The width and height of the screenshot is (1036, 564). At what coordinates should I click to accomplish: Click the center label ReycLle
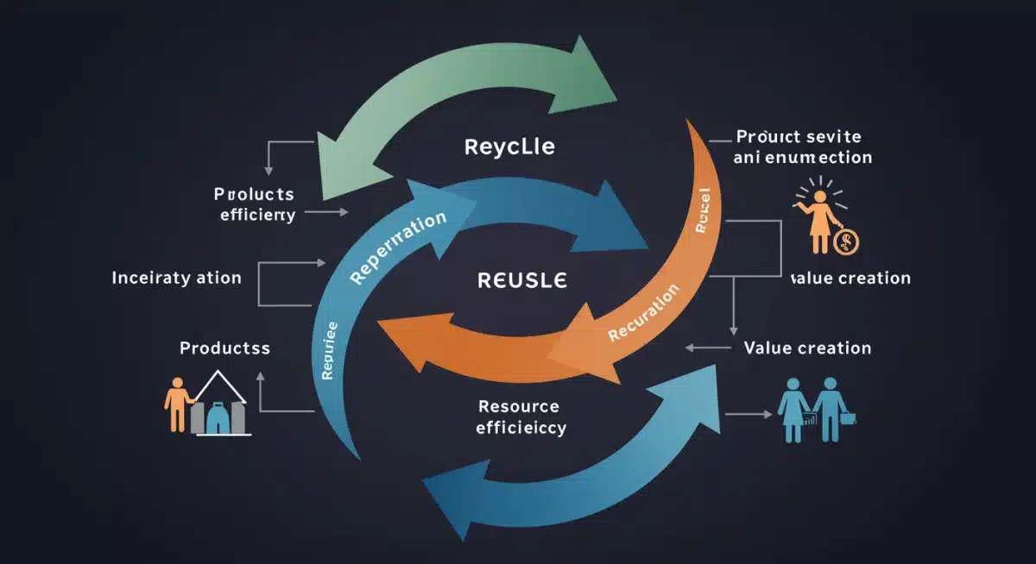[509, 146]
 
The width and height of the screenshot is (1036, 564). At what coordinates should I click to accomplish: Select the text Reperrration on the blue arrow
[398, 248]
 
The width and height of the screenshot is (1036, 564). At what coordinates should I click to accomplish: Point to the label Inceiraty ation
[176, 279]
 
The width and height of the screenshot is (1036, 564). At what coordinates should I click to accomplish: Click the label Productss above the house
[224, 348]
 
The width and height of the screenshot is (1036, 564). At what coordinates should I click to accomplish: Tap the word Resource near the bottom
[518, 406]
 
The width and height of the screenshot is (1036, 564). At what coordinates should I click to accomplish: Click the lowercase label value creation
[850, 278]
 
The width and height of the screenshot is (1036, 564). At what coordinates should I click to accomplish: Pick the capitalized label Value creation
[806, 348]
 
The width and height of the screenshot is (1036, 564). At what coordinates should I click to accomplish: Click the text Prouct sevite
[798, 137]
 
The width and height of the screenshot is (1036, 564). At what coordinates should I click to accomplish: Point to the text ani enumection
[802, 158]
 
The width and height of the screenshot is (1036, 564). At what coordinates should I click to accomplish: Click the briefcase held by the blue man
[848, 417]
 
